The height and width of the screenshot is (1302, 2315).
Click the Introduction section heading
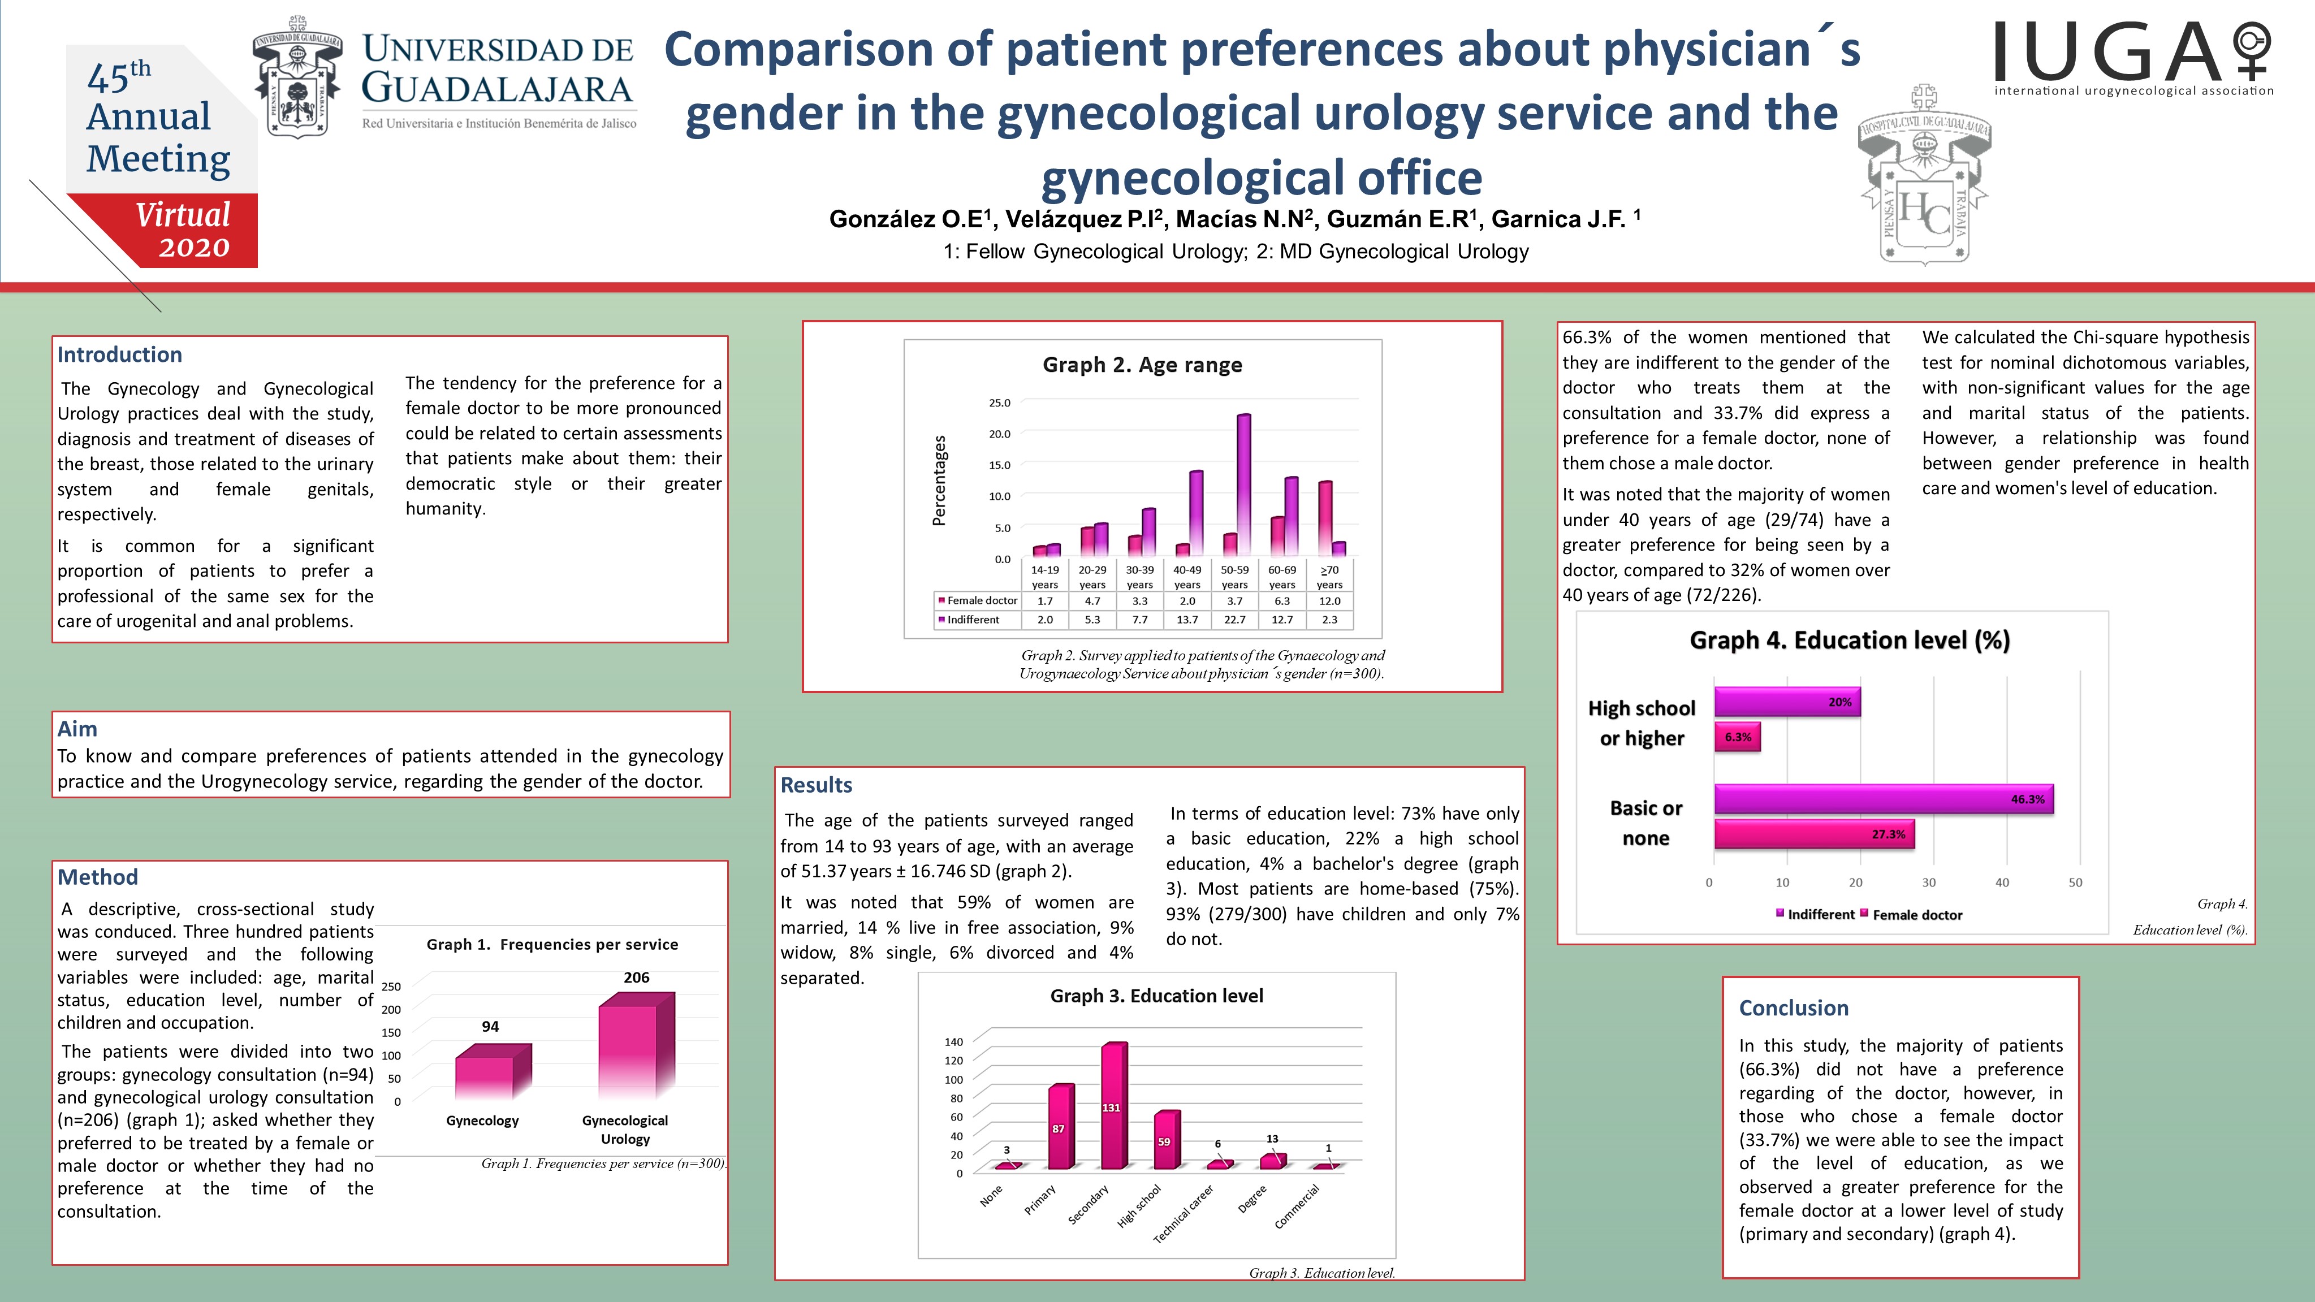(x=119, y=355)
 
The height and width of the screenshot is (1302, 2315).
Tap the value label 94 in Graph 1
(x=490, y=1026)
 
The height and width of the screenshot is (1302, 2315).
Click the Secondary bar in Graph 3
(x=1113, y=1107)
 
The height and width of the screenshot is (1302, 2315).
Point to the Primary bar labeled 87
(x=1060, y=1128)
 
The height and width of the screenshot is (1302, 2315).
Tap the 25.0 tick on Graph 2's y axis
(x=999, y=403)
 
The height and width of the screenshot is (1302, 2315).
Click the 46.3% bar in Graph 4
(x=1883, y=799)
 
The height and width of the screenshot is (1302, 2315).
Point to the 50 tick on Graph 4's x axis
(x=2075, y=883)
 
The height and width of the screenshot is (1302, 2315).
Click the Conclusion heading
(x=1793, y=1008)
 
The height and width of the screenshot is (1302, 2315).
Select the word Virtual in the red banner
(x=183, y=215)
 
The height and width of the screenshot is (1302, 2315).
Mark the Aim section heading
(x=77, y=729)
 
